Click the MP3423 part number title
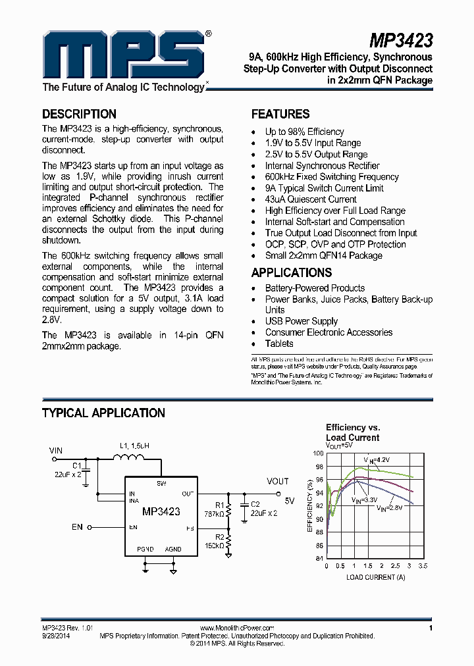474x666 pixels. (400, 41)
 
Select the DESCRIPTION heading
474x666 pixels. (79, 114)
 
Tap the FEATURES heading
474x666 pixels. (280, 114)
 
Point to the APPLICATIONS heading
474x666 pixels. (292, 272)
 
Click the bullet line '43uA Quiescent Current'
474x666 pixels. (311, 199)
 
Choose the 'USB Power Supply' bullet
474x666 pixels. (302, 321)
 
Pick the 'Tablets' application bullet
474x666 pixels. (279, 344)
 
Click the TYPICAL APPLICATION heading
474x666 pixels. (103, 413)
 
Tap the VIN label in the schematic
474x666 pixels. (57, 450)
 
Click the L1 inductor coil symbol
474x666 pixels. (132, 459)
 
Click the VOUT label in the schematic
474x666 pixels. (278, 482)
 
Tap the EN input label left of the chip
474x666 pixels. (78, 527)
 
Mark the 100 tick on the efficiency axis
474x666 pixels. (318, 453)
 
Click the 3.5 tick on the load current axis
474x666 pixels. (423, 566)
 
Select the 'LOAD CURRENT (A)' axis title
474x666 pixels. (376, 577)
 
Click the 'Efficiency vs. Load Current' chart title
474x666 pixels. (353, 432)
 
